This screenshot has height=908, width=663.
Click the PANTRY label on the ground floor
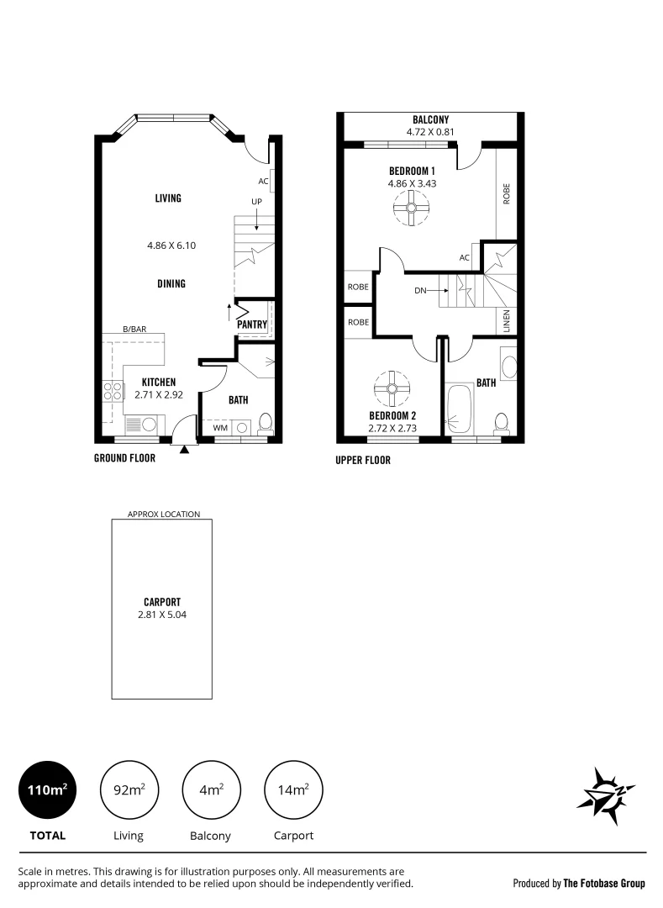(252, 325)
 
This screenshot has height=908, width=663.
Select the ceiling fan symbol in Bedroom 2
(392, 388)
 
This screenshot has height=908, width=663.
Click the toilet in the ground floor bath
(265, 421)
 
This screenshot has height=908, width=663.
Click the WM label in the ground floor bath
(219, 428)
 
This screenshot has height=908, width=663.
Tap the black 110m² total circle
(47, 789)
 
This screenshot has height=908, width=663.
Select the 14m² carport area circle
(293, 789)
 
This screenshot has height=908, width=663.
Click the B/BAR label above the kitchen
(134, 330)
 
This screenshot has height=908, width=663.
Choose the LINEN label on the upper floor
(507, 322)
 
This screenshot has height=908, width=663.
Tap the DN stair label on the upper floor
(421, 291)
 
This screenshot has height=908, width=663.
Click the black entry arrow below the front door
(185, 451)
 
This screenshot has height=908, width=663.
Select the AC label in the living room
(263, 181)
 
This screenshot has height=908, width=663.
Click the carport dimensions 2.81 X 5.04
(162, 615)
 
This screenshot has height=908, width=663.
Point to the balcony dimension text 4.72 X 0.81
(430, 132)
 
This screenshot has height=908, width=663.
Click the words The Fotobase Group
(604, 884)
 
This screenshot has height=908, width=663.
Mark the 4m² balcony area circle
(212, 789)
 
